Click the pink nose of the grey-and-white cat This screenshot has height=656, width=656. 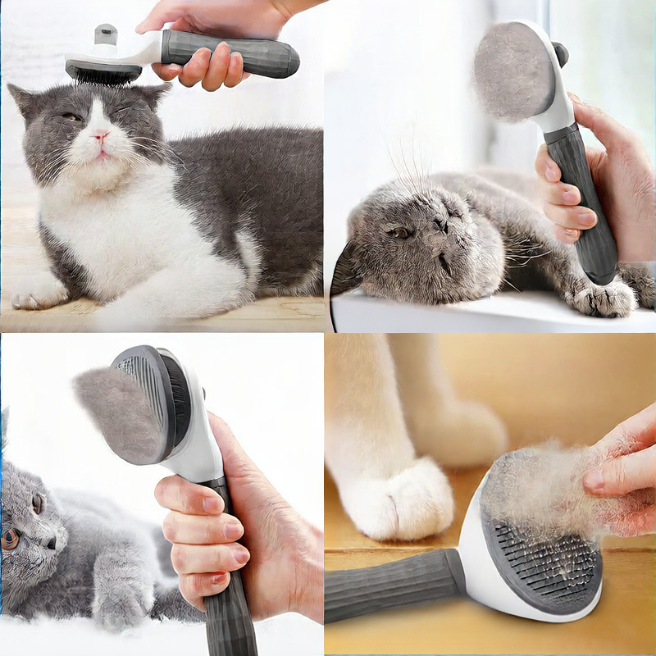[x=101, y=137]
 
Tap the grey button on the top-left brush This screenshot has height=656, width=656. [x=105, y=34]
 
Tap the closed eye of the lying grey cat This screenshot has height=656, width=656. [x=400, y=233]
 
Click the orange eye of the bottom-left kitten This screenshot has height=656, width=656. [x=11, y=538]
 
